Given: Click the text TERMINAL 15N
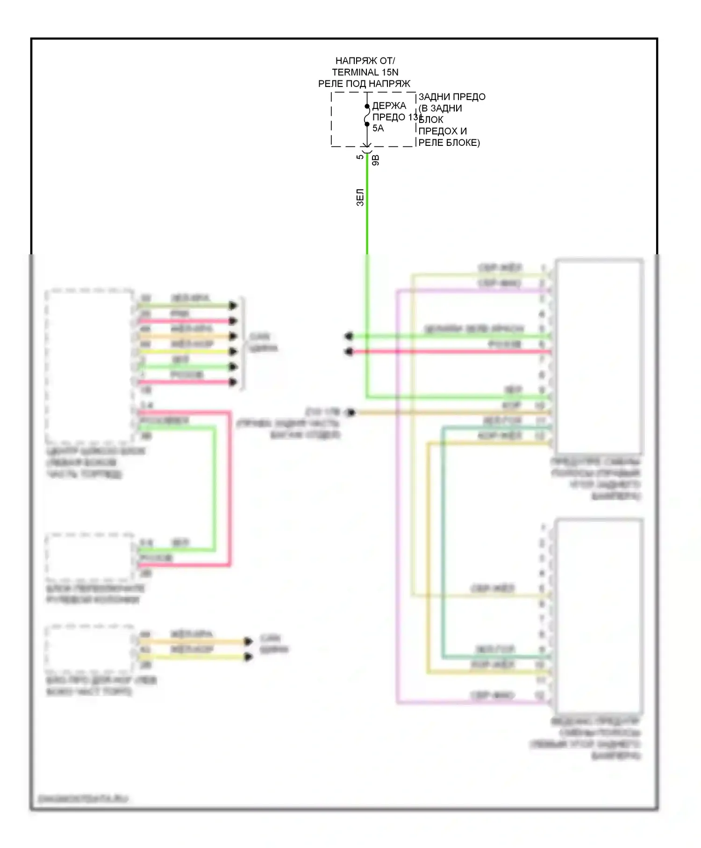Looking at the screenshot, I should pyautogui.click(x=365, y=72).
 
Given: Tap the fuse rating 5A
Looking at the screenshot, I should pyautogui.click(x=378, y=128).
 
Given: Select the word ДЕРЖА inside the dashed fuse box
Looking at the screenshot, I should pyautogui.click(x=389, y=106).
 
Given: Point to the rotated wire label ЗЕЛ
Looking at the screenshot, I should pyautogui.click(x=360, y=197).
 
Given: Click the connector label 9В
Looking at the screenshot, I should pyautogui.click(x=376, y=160).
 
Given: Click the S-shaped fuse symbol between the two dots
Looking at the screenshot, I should pyautogui.click(x=367, y=116).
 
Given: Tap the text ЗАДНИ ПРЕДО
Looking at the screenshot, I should pyautogui.click(x=451, y=97).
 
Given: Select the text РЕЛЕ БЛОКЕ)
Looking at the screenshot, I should pyautogui.click(x=449, y=143).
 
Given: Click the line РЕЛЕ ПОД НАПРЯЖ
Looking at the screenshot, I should pyautogui.click(x=364, y=84).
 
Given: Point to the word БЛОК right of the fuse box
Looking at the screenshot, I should pyautogui.click(x=431, y=120).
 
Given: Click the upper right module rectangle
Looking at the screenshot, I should pyautogui.click(x=599, y=356).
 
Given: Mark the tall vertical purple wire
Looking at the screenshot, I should pyautogui.click(x=397, y=496).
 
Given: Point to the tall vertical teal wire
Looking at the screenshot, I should pyautogui.click(x=443, y=542).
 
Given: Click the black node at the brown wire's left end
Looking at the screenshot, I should pyautogui.click(x=350, y=412).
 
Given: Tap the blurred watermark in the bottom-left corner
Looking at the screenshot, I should pyautogui.click(x=82, y=799).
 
